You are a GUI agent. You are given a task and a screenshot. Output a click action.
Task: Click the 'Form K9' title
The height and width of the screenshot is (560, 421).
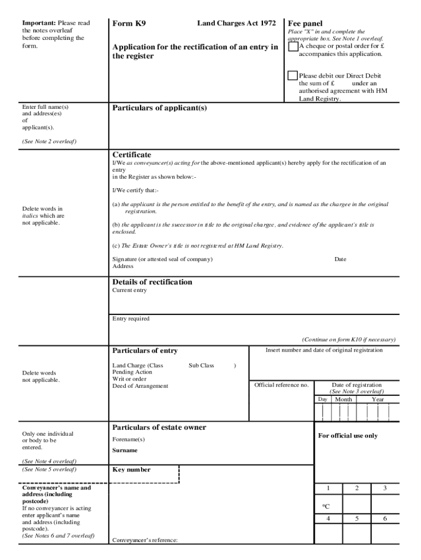[x=129, y=24]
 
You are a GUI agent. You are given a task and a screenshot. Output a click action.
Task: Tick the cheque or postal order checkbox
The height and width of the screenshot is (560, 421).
[x=293, y=46]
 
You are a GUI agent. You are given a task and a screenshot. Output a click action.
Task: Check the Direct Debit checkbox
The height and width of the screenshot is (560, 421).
[x=293, y=75]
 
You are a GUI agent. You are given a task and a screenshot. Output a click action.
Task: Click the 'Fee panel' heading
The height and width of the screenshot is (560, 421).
[x=305, y=24]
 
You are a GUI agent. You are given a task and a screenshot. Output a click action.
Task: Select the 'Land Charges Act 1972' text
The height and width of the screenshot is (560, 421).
[x=236, y=24]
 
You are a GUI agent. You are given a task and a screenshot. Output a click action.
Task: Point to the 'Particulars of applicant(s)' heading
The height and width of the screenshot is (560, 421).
[x=160, y=108]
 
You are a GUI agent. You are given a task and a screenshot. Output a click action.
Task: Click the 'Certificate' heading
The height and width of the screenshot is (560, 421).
[x=132, y=155]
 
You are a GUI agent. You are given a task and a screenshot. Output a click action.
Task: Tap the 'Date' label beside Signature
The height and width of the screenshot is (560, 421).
[x=340, y=259]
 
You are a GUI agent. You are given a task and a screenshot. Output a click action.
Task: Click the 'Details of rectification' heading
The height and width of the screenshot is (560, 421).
[x=152, y=282]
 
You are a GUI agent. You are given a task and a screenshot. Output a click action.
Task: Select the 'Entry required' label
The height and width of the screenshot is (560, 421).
[x=131, y=318]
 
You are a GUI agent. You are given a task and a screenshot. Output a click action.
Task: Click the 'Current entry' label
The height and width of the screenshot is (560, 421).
[x=130, y=290]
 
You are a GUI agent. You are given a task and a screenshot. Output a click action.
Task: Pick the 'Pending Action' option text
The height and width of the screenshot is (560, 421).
[x=132, y=372]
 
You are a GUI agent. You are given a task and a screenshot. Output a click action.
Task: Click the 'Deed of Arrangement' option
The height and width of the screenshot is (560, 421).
[x=141, y=386]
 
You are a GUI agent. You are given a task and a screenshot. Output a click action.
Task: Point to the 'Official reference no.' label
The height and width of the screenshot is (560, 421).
[x=282, y=385]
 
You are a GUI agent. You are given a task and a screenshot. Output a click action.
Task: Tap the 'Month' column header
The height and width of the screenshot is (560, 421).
[x=343, y=399]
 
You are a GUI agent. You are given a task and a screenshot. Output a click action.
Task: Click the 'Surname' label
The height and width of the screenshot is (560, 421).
[x=125, y=451]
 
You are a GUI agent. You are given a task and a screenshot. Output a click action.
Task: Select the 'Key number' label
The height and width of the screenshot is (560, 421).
[x=131, y=470]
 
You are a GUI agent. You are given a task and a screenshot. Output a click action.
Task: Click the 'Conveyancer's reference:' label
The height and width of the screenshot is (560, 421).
[x=145, y=540]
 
